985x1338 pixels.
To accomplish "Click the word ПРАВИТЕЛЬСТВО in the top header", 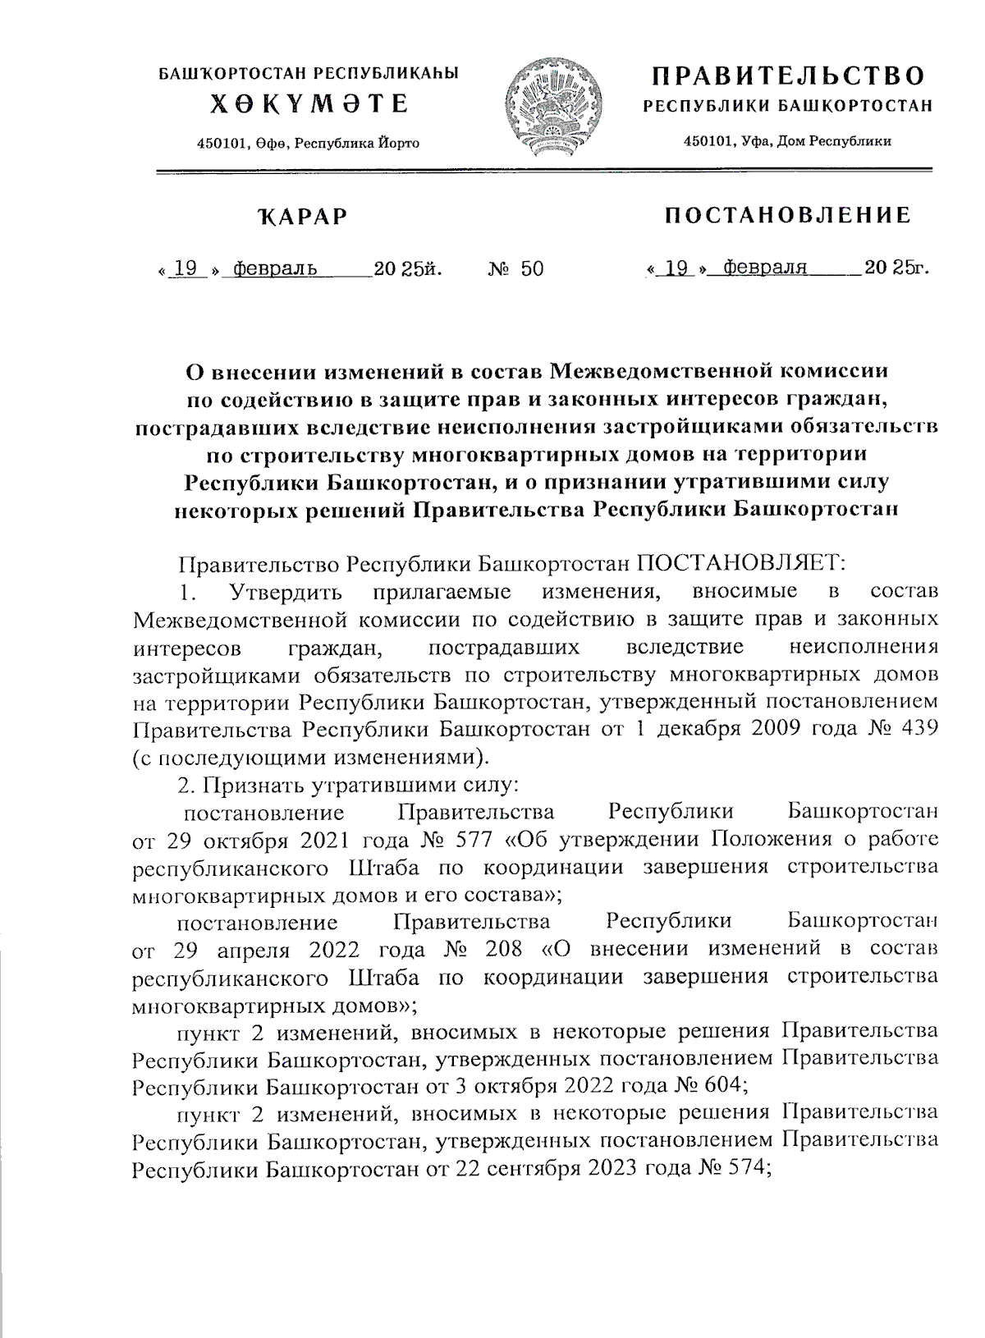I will tap(788, 76).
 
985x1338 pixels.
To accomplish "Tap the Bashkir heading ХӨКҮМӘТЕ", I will tap(309, 104).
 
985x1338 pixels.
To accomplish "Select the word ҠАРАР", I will tap(302, 217).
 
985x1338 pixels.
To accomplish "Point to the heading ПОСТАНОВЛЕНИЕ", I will tap(788, 215).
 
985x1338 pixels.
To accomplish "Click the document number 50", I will tap(532, 268).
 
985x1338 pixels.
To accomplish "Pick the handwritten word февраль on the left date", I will tap(276, 268).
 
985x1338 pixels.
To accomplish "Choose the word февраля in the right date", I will tap(761, 268).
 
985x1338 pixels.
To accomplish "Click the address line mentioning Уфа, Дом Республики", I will tap(788, 141).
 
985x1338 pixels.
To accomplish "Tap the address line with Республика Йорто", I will tap(309, 143).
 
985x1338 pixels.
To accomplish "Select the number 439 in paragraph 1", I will tap(917, 728).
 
